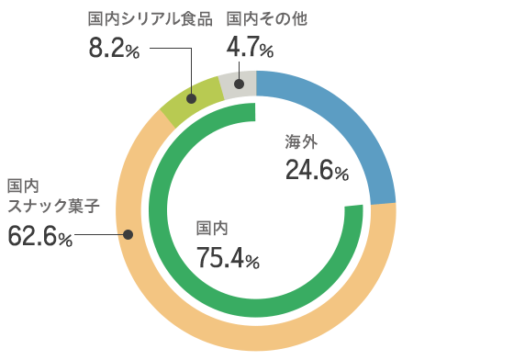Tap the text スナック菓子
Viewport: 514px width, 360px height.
click(x=53, y=205)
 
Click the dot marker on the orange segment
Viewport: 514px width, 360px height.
click(x=128, y=235)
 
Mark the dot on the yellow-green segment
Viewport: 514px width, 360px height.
click(x=190, y=97)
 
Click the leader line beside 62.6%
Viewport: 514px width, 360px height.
click(x=99, y=235)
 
